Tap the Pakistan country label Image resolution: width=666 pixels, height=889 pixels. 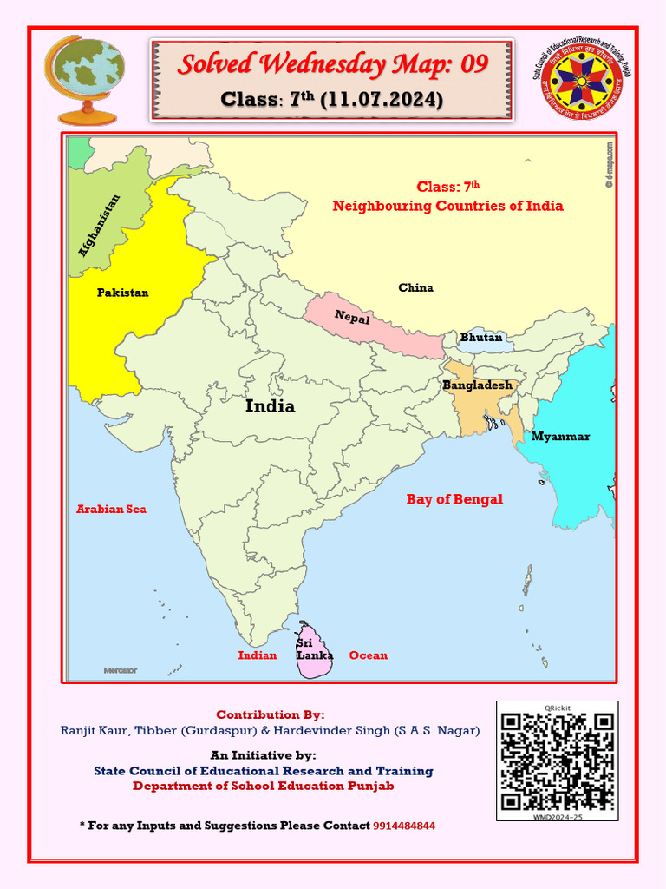[122, 293]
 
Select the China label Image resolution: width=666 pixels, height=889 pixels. [415, 287]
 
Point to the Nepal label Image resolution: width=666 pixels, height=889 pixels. [352, 318]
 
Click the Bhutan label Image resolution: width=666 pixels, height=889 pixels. [481, 337]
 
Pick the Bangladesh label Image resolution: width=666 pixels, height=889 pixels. [478, 385]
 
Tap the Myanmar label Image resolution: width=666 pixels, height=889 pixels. [560, 436]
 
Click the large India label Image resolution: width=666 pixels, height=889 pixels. [270, 406]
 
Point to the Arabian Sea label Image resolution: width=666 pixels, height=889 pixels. [111, 509]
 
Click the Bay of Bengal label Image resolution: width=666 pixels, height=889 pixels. [454, 499]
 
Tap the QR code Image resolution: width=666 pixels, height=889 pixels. [558, 761]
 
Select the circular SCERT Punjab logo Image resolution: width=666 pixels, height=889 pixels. [580, 82]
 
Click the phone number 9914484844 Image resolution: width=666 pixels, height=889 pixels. [404, 826]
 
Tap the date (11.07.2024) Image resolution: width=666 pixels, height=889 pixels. [382, 100]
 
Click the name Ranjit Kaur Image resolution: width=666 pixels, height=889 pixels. [91, 731]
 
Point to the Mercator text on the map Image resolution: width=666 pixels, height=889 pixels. [121, 670]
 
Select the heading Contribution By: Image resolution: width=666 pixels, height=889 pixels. [270, 714]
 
